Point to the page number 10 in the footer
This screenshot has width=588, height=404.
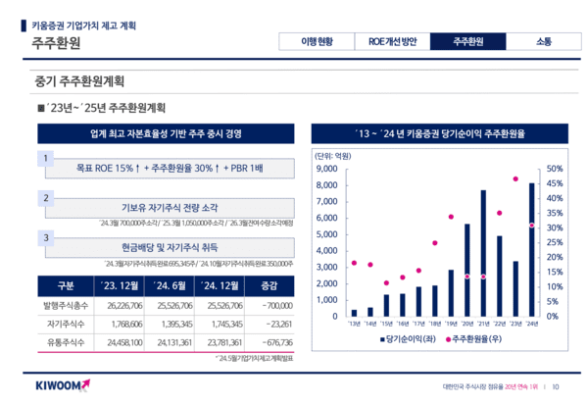[557, 385]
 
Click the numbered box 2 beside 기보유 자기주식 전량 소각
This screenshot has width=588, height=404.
[44, 198]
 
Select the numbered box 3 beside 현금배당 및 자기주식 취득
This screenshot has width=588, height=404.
[44, 237]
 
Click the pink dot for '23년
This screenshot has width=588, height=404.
[515, 179]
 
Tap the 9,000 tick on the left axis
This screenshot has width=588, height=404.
[325, 169]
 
